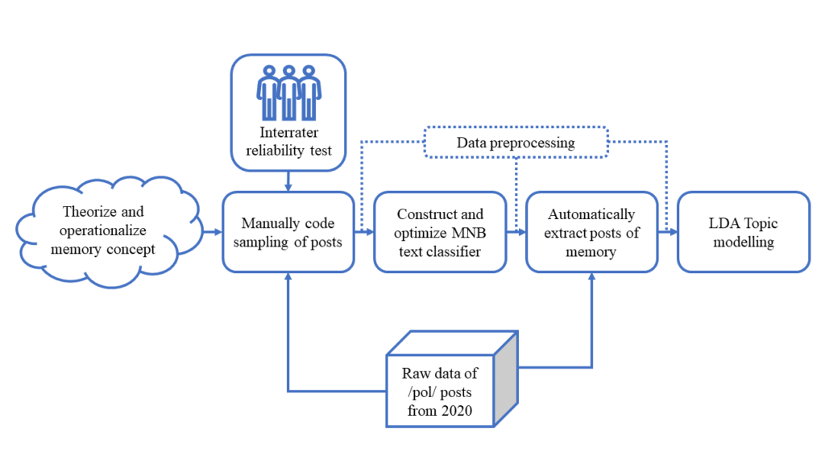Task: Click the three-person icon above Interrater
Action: coord(289,93)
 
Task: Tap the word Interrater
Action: coord(289,132)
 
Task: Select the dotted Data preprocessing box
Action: coord(516,142)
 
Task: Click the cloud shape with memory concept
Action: coord(109,232)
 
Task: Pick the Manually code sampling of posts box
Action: coord(288,232)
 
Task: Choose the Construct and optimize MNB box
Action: coord(440,232)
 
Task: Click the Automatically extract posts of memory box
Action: coord(592,232)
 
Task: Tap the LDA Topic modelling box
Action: coord(744,232)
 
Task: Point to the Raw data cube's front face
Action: coord(440,391)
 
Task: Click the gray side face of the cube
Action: coord(506,379)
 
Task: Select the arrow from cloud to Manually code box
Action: coord(213,232)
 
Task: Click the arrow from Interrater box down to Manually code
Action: coord(288,181)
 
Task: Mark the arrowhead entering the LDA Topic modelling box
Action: coord(673,232)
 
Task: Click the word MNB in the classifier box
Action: coord(469,233)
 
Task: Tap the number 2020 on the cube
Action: coord(458,410)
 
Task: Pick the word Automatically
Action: coord(591,214)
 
